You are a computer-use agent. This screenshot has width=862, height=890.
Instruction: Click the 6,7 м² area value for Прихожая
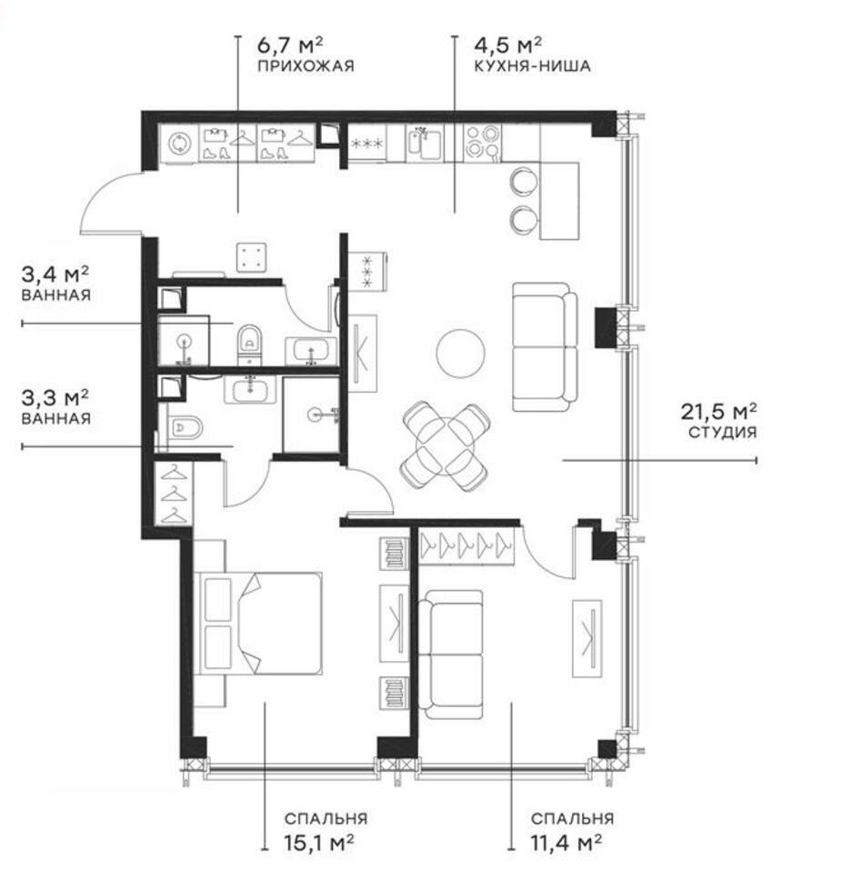(290, 45)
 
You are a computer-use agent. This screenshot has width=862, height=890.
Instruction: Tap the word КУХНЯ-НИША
(533, 66)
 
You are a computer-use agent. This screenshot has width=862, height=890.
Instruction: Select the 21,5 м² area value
(718, 411)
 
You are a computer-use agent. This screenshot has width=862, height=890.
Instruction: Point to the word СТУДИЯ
(722, 433)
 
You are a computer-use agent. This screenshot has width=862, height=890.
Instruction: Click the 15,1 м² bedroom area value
(318, 843)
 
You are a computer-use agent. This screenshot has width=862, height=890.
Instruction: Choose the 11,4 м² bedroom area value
(566, 843)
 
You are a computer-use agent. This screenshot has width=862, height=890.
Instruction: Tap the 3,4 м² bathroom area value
(55, 275)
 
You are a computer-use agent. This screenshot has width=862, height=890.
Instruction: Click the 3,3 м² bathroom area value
(55, 398)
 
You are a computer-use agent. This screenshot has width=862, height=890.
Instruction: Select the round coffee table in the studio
(460, 353)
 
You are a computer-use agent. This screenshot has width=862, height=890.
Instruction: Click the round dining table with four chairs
(446, 445)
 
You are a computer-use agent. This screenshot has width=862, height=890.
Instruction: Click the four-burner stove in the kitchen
(483, 141)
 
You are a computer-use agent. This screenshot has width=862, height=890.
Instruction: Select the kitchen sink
(426, 142)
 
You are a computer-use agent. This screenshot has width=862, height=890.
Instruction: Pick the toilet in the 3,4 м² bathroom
(249, 343)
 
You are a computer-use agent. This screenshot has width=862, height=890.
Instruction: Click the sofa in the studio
(546, 346)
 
